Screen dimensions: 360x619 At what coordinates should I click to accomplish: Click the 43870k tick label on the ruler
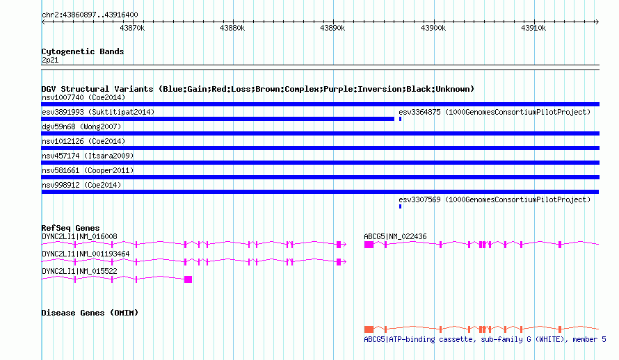tap(132, 28)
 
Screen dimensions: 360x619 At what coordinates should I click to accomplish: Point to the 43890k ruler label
tap(332, 28)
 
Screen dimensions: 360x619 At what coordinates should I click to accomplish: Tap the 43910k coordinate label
tap(533, 28)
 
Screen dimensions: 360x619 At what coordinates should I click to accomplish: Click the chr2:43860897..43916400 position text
tap(90, 15)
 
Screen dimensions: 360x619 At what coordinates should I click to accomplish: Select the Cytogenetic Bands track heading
tap(83, 51)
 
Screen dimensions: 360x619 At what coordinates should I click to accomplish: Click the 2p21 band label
tap(50, 60)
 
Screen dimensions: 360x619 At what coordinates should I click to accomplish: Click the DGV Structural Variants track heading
tap(257, 89)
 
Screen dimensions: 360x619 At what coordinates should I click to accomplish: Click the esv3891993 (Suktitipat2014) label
tap(98, 112)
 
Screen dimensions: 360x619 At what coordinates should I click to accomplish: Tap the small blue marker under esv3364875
tap(401, 119)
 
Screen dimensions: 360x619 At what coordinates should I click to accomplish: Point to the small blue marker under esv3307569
tap(401, 206)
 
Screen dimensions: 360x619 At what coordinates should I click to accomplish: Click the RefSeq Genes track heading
tap(70, 228)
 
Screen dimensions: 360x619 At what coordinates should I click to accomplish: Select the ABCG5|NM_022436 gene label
tap(395, 236)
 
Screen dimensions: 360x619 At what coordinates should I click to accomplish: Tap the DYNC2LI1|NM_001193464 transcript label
tap(86, 254)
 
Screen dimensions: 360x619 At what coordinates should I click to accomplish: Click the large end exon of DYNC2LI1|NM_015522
tap(188, 279)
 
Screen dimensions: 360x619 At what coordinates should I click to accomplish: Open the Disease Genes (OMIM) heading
tap(90, 313)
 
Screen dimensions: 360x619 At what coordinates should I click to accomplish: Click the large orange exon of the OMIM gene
tap(369, 329)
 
